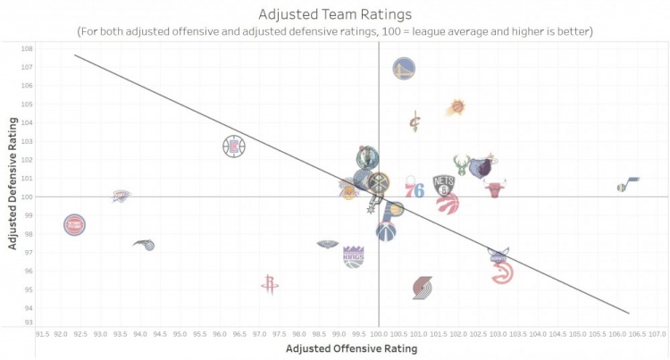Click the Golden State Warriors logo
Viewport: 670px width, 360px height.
click(404, 67)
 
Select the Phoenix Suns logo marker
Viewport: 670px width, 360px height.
click(456, 107)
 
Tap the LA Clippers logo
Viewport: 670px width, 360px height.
click(234, 146)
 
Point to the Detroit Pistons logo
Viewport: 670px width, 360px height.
click(75, 224)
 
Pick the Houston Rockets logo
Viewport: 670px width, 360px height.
click(269, 284)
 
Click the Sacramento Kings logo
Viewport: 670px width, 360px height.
click(354, 256)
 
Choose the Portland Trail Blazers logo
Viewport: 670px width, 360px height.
click(423, 288)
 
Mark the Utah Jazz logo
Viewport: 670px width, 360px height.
click(628, 186)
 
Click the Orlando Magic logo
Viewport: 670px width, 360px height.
click(144, 245)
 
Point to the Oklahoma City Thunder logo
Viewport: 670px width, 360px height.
click(122, 196)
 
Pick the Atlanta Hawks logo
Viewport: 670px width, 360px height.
click(502, 272)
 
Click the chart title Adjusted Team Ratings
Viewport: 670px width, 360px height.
click(334, 14)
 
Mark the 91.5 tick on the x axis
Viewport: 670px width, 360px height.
click(42, 334)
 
